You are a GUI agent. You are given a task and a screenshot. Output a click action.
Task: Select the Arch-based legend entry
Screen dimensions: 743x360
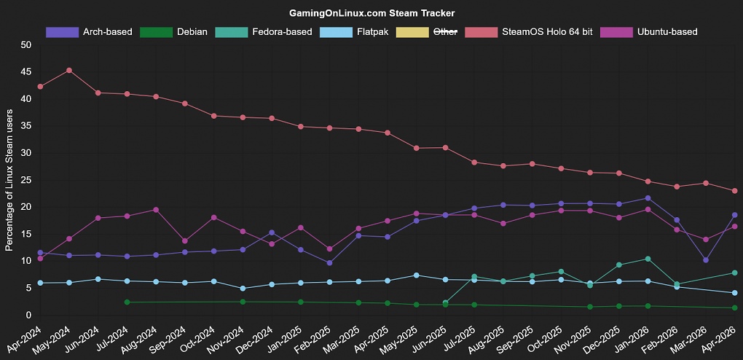pos(89,32)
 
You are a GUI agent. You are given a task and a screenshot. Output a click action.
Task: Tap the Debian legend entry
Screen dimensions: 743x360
pos(173,32)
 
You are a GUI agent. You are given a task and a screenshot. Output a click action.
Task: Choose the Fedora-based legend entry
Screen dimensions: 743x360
pos(264,32)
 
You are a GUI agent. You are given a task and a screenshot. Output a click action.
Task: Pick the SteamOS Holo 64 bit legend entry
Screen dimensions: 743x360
pos(529,32)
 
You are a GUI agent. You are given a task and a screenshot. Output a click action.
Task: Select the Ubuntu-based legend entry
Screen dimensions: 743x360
pos(649,32)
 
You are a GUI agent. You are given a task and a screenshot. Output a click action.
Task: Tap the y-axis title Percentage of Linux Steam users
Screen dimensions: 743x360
pos(9,180)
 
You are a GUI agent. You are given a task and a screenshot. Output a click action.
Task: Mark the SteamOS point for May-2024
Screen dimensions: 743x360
pos(69,70)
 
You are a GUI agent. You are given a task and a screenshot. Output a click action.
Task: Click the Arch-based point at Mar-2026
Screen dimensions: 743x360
pos(706,260)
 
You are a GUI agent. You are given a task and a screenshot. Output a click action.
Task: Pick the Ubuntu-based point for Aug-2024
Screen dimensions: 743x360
pos(156,210)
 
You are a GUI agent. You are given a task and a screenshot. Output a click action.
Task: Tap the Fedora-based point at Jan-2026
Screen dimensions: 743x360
pos(648,259)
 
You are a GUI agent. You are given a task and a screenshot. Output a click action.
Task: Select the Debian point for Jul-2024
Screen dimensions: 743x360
pos(127,302)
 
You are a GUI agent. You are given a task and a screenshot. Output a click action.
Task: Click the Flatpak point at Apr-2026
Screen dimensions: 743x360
pos(734,293)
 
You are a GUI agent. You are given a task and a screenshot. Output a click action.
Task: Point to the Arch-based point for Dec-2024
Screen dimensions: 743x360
pos(272,232)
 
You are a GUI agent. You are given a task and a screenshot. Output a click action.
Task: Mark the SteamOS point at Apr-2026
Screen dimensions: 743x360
pos(734,191)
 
